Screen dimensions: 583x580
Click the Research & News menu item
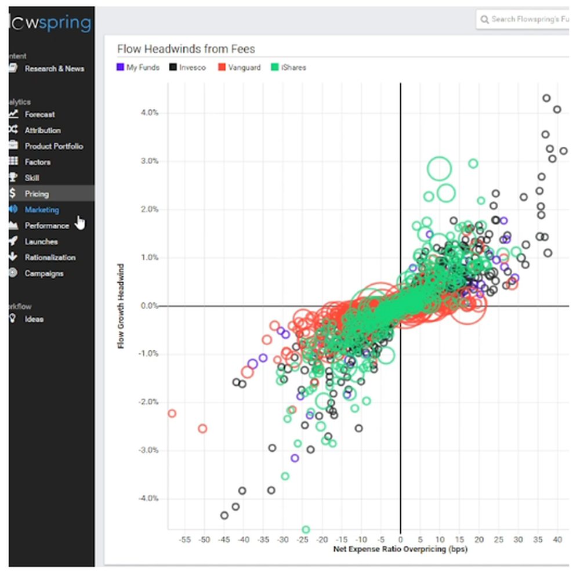click(x=54, y=68)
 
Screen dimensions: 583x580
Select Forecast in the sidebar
click(x=39, y=114)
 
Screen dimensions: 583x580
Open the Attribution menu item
click(x=42, y=131)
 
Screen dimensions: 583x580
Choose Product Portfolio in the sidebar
click(x=53, y=146)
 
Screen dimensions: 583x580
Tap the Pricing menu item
click(x=37, y=194)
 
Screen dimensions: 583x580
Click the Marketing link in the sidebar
click(x=41, y=210)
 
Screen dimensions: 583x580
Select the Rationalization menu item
click(x=50, y=258)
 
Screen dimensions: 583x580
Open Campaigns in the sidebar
click(x=43, y=273)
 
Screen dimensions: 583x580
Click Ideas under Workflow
click(x=34, y=319)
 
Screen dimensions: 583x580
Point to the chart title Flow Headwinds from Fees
click(x=186, y=49)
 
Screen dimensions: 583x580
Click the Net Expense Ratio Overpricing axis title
click(x=400, y=548)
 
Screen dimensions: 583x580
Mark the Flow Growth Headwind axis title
click(x=121, y=305)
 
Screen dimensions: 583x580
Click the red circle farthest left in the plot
click(x=172, y=414)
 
